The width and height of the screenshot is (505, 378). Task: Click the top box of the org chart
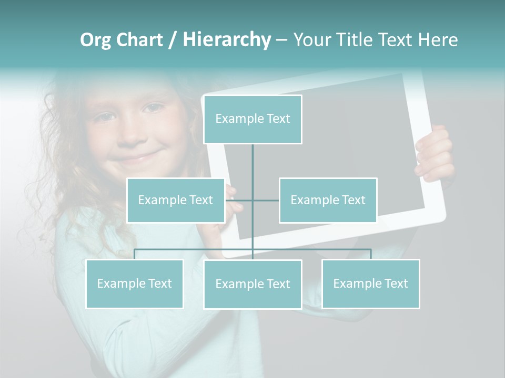click(252, 119)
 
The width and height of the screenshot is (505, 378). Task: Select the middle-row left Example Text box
click(176, 200)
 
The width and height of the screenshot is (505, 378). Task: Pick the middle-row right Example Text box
click(328, 200)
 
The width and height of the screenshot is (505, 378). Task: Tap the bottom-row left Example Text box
click(135, 283)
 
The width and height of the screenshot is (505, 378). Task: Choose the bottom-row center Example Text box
click(252, 284)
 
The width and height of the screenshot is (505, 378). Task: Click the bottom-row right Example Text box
click(370, 283)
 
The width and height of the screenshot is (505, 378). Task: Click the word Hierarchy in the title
click(227, 39)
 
